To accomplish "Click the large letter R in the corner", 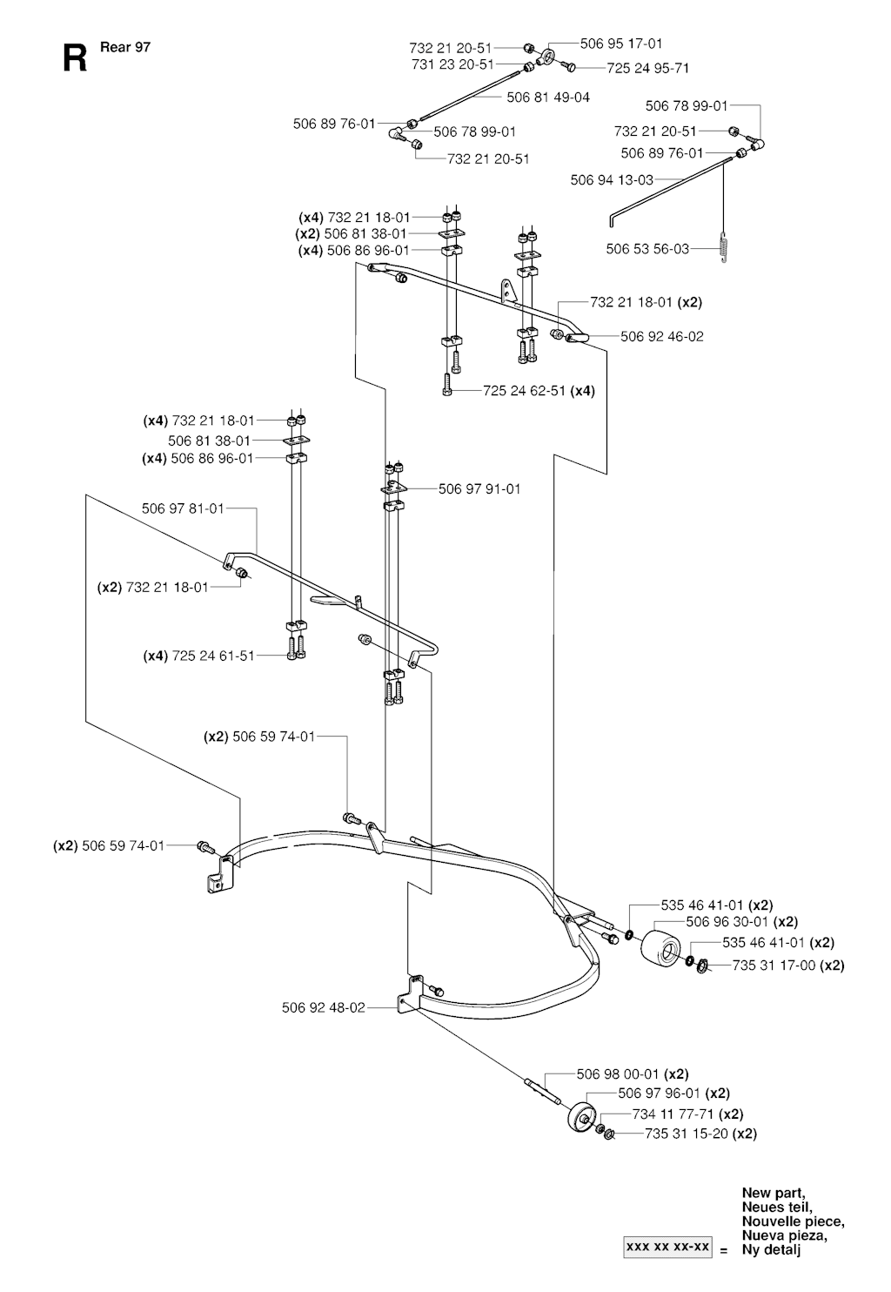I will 75,58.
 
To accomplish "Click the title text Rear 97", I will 125,47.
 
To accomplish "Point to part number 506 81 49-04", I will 548,98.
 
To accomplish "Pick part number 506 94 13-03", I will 612,180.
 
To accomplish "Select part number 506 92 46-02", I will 662,336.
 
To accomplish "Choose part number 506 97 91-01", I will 479,489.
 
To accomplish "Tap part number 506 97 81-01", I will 183,508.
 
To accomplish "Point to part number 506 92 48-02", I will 324,1007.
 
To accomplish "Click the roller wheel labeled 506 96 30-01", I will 660,947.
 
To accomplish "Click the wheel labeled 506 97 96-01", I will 579,1117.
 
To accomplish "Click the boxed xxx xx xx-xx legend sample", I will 668,1247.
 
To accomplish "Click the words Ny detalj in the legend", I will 772,1250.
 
